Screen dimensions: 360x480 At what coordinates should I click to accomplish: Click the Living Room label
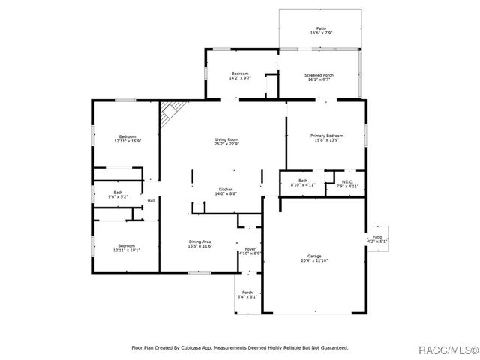point(226,139)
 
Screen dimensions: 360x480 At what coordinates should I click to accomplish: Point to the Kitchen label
point(226,189)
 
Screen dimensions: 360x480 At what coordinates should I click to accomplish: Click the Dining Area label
point(200,241)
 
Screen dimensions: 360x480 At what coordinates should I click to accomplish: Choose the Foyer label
point(250,248)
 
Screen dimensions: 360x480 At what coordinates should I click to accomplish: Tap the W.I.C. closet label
point(347,181)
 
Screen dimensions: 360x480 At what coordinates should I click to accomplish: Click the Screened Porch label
point(319,75)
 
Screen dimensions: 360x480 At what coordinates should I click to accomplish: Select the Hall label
point(151,200)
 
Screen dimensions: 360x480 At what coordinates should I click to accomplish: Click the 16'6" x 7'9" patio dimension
point(321,34)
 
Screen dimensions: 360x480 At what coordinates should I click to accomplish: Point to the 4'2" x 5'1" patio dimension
point(377,241)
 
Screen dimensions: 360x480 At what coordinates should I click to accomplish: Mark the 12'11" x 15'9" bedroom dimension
point(127,141)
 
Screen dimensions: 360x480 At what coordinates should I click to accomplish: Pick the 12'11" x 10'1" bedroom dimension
point(127,250)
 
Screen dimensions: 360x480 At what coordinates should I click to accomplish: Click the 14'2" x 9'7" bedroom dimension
point(240,78)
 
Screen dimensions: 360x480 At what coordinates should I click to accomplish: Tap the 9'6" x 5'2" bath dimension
point(118,197)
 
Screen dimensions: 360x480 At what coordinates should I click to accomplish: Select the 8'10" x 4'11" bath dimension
point(302,184)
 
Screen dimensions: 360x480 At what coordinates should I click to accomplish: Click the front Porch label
point(247,292)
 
